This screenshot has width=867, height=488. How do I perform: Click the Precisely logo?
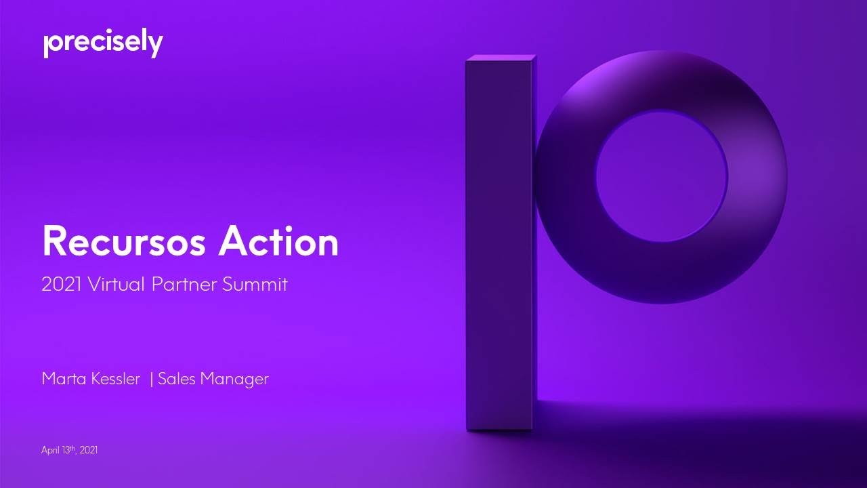tap(103, 44)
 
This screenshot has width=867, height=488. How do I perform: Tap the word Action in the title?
tap(278, 242)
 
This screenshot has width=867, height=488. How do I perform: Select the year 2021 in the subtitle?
tap(60, 285)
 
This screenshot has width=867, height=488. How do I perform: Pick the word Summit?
tap(255, 285)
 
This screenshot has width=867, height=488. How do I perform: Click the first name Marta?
tap(63, 379)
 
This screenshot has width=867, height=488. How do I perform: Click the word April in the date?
tap(50, 450)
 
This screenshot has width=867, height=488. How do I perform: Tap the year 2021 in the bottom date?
tap(89, 450)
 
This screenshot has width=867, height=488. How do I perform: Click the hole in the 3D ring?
tap(661, 176)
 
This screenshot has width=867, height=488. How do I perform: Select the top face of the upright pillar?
tap(500, 58)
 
